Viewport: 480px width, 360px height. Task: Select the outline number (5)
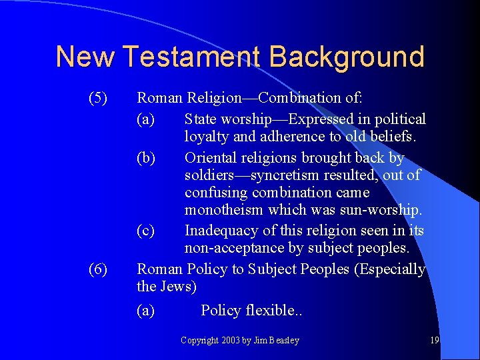(x=98, y=98)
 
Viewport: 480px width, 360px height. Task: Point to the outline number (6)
(x=98, y=269)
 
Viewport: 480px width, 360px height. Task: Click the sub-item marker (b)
(x=146, y=158)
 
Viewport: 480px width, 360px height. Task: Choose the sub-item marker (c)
(x=145, y=231)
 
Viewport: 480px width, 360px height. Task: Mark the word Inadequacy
(x=223, y=231)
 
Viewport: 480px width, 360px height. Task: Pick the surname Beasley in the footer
(x=284, y=341)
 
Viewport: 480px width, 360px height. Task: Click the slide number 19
(x=435, y=340)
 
